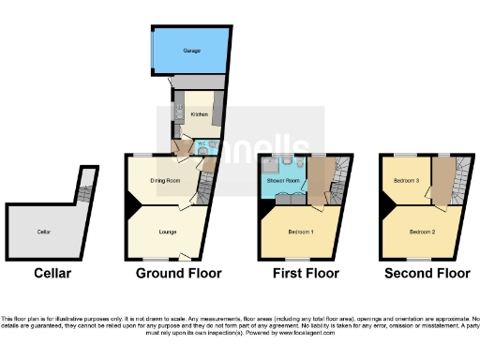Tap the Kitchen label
point(199,113)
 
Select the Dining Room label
point(165,180)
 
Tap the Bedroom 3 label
point(403,180)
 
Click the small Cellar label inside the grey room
point(43,231)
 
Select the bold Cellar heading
point(52,274)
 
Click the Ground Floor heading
point(178,274)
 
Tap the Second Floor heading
point(427,274)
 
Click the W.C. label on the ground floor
point(201,143)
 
